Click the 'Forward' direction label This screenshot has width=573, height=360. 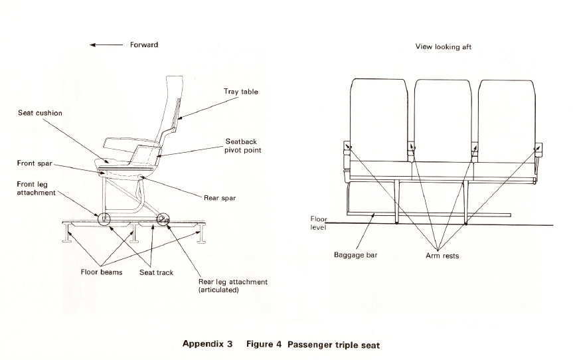click(144, 45)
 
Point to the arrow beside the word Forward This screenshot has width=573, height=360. click(105, 45)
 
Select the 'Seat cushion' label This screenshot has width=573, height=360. click(40, 113)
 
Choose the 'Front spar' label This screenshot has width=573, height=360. click(35, 163)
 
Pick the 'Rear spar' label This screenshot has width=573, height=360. click(219, 197)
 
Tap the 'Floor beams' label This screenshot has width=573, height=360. click(102, 272)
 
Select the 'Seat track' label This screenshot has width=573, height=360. click(156, 272)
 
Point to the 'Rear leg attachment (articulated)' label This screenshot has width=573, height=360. click(232, 286)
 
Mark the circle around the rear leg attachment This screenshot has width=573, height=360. click(162, 219)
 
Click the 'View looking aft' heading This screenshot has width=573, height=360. click(444, 47)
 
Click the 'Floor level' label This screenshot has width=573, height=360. click(319, 222)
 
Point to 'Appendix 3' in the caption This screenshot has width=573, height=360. click(207, 345)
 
